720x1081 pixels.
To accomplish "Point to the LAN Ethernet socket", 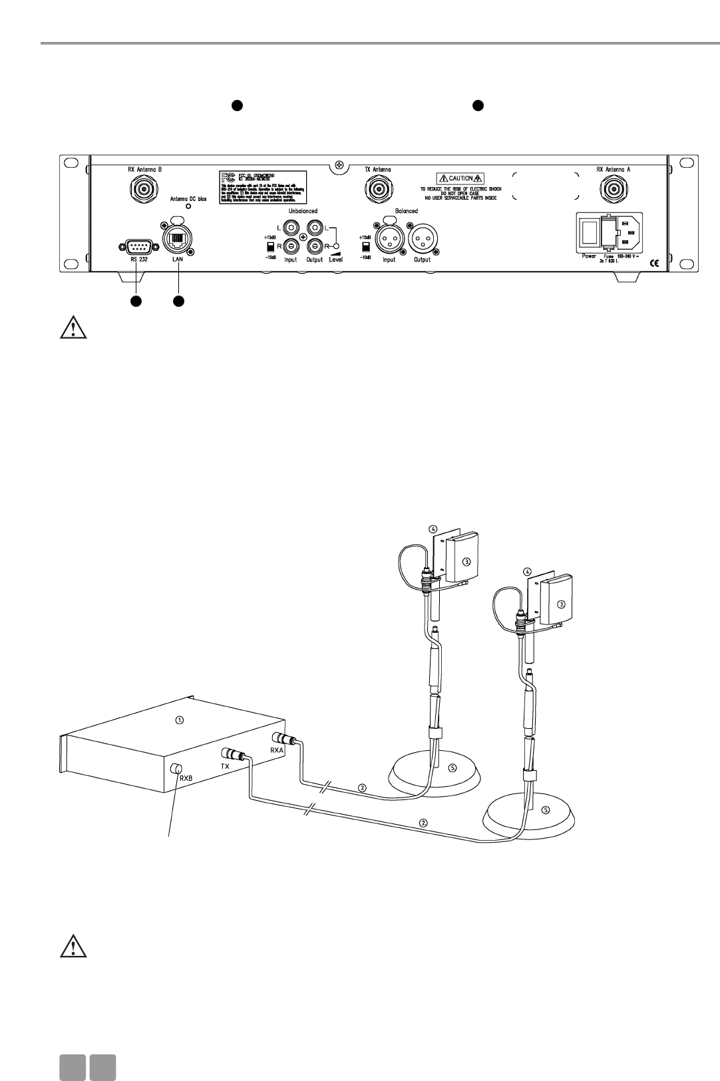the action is click(x=176, y=242).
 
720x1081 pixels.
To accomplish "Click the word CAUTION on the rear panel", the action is click(x=460, y=179).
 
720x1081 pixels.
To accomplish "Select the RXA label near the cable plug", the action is click(x=277, y=750).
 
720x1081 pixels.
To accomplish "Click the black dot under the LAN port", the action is click(x=178, y=302).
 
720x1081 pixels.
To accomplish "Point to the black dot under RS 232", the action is click(x=135, y=302).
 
